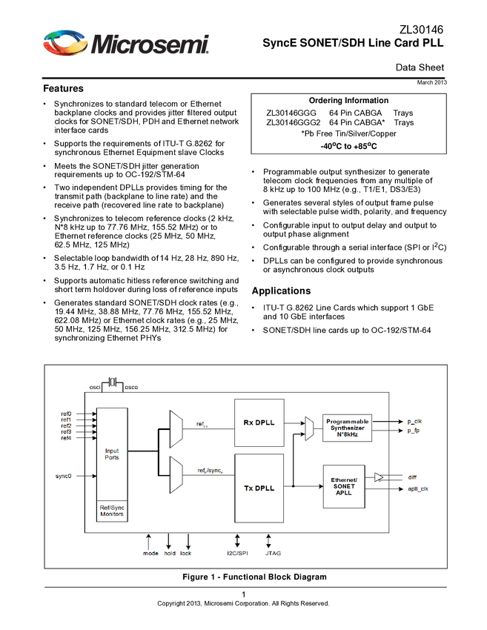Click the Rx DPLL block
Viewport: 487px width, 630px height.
coord(259,422)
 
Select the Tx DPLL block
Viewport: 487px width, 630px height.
coord(259,488)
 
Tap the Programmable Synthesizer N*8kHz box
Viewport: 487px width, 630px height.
coord(347,427)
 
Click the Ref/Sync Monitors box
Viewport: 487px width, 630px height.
coord(112,511)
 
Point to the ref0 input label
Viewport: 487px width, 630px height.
coord(67,414)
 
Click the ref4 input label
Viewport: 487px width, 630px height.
coord(67,438)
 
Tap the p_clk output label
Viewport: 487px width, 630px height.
coord(414,421)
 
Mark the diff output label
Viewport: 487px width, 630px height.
coord(411,478)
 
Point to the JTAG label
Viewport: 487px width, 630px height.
coord(272,553)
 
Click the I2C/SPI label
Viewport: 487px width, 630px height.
coord(237,553)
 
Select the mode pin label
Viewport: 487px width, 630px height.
coord(150,553)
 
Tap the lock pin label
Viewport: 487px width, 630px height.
coord(185,553)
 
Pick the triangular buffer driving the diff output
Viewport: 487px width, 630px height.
coord(379,477)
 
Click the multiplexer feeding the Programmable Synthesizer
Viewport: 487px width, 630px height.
coord(308,428)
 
